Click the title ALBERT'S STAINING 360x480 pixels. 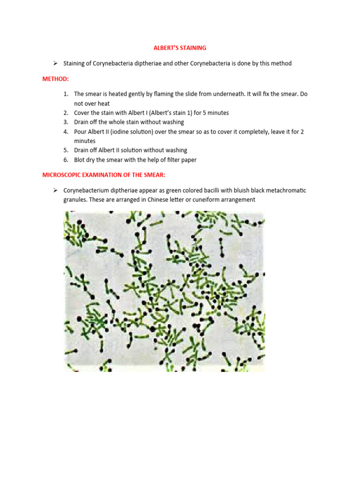click(180, 48)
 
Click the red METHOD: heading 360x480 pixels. click(56, 79)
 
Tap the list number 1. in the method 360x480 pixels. click(66, 94)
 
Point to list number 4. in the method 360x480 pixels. click(66, 132)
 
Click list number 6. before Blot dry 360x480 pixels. click(66, 160)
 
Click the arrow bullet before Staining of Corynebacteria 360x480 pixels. click(55, 63)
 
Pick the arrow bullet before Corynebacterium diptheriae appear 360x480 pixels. click(55, 190)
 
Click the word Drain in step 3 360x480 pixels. click(82, 122)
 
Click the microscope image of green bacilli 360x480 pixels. click(164, 291)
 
